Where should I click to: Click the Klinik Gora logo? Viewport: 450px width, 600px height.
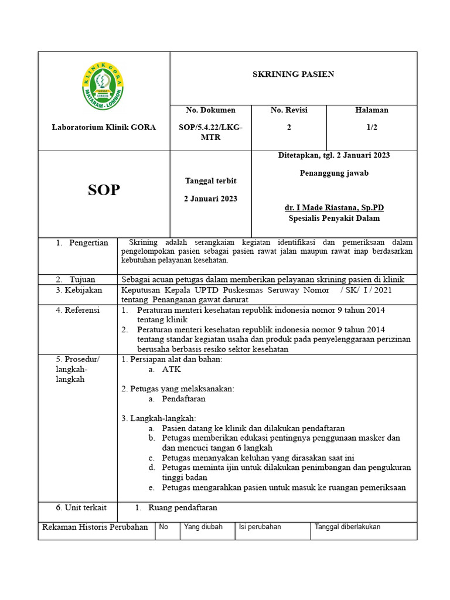click(x=103, y=86)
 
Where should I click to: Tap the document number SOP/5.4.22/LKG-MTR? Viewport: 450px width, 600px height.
click(x=210, y=132)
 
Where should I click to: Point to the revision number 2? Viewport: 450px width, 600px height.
click(x=289, y=127)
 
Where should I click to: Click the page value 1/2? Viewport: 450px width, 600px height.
click(x=371, y=127)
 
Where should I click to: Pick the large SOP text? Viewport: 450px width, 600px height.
click(x=104, y=190)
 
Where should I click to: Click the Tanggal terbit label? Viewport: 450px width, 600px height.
click(x=210, y=180)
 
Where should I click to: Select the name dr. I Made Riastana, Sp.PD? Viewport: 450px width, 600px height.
click(x=334, y=208)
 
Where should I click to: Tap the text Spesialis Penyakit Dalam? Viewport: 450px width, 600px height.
click(x=334, y=219)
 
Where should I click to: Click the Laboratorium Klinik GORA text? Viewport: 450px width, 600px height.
click(x=104, y=127)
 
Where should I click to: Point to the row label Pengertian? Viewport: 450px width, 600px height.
click(x=88, y=243)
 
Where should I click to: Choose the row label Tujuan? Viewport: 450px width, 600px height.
click(x=82, y=279)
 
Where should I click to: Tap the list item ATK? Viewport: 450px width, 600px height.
click(x=172, y=370)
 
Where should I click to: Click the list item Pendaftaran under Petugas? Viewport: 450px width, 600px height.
click(x=183, y=399)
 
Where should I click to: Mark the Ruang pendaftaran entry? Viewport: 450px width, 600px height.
click(x=183, y=508)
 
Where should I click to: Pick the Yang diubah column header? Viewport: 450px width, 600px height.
click(x=203, y=527)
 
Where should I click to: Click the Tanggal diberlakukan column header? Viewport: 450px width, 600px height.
click(x=347, y=527)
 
